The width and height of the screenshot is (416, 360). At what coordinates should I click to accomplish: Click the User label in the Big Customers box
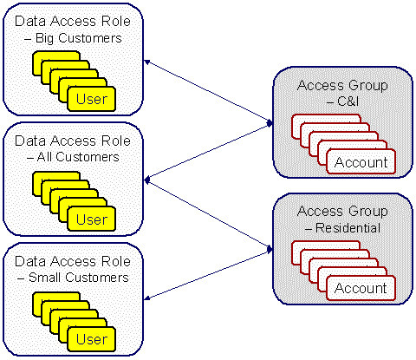tap(91, 99)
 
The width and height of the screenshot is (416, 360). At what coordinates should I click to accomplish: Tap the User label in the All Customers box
tap(91, 220)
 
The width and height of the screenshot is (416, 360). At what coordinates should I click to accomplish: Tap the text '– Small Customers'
tap(75, 278)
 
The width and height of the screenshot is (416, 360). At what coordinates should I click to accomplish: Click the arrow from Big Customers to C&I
tap(206, 91)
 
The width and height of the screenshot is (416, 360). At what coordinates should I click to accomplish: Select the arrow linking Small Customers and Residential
tap(206, 276)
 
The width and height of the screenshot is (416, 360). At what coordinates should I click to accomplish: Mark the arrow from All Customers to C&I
tap(206, 154)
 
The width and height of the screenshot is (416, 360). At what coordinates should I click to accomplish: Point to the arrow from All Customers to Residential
tap(206, 213)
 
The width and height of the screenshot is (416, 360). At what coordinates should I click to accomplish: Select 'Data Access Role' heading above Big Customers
tap(75, 21)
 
